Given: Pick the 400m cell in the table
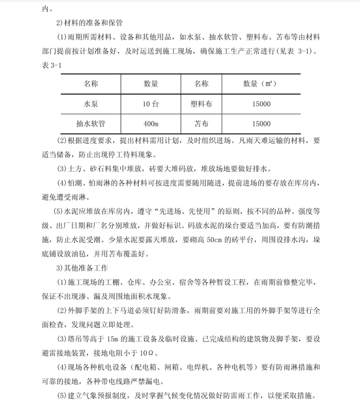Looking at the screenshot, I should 151,123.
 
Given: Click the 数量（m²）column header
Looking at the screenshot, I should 262,84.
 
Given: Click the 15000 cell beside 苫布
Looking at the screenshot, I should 262,123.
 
